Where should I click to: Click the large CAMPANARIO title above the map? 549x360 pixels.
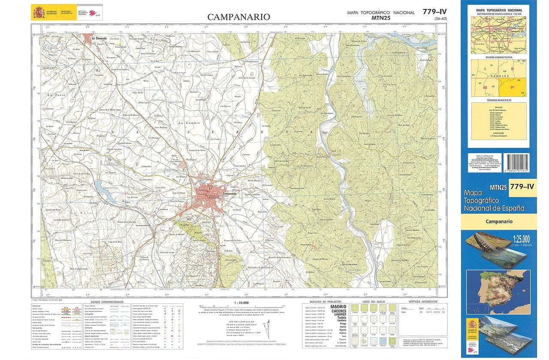(239, 17)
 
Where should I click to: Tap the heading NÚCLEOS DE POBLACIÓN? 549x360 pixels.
(323, 302)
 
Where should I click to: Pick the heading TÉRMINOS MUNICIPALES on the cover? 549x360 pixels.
(498, 100)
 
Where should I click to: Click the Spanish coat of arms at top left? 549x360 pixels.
(37, 12)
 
